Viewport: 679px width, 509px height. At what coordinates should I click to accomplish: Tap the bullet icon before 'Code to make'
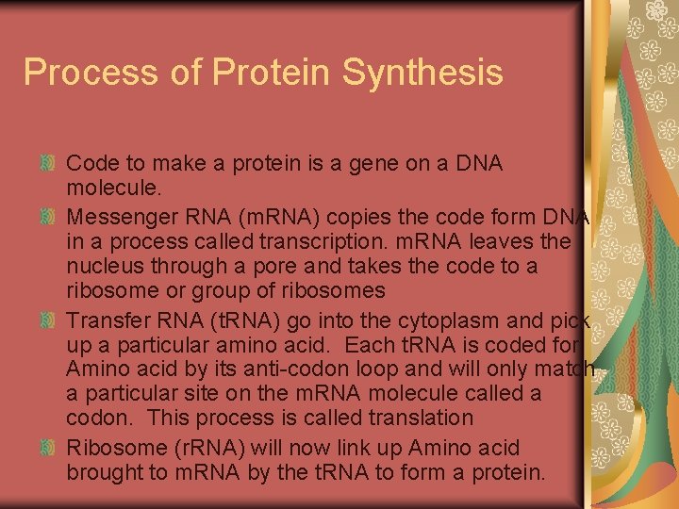pos(52,164)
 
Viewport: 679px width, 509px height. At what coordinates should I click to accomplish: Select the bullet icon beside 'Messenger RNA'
pos(52,216)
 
